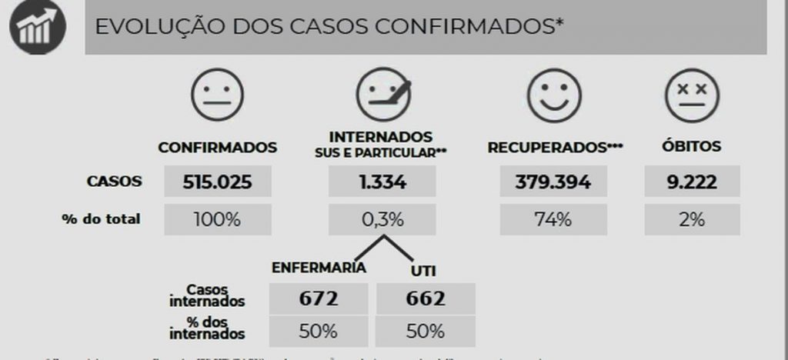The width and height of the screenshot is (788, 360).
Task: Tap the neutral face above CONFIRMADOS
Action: pos(217,95)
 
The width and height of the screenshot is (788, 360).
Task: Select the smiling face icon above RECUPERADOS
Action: pos(554,95)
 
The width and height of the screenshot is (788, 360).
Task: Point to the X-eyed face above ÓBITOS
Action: pos(692,95)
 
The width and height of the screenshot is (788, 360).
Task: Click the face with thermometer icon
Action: pos(382,95)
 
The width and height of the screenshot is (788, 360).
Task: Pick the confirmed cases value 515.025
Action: pos(217,182)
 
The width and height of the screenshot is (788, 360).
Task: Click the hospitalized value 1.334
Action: pos(382,182)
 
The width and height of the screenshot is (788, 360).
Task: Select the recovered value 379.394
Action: pos(553,182)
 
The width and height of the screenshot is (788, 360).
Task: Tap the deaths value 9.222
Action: pos(692,182)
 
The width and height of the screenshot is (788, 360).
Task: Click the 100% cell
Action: pos(217,219)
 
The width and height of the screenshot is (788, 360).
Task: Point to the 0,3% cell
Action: pos(382,219)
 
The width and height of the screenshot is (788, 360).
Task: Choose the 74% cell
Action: pos(553,219)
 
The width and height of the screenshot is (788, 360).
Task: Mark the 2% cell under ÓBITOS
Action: pos(692,219)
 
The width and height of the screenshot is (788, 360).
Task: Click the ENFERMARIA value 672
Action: pos(319,298)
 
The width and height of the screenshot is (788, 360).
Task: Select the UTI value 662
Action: pos(426,298)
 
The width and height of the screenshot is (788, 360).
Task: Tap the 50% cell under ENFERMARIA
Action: pos(319,332)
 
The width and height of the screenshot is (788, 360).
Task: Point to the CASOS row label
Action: pos(114,182)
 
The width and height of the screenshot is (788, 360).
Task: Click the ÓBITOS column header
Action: pos(692,146)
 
